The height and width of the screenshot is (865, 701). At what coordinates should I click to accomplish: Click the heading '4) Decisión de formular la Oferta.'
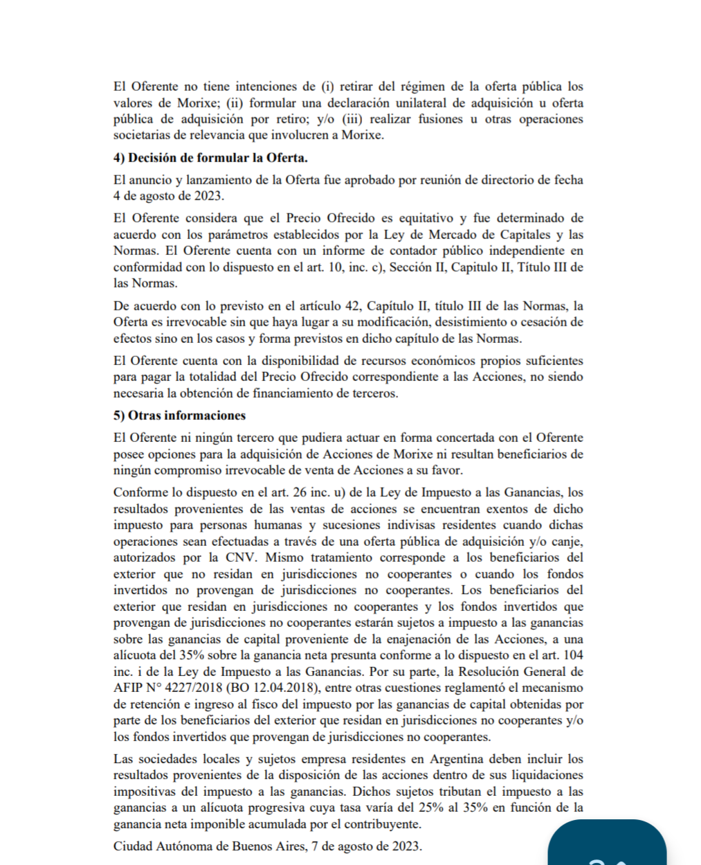pyautogui.click(x=210, y=158)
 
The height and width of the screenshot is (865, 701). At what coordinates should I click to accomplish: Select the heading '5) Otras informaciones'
pyautogui.click(x=179, y=416)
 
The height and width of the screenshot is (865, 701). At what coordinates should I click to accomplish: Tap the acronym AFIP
pyautogui.click(x=129, y=688)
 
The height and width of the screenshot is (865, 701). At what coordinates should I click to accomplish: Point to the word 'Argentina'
pyautogui.click(x=457, y=759)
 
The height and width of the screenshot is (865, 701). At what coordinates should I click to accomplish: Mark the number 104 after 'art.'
pyautogui.click(x=573, y=655)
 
